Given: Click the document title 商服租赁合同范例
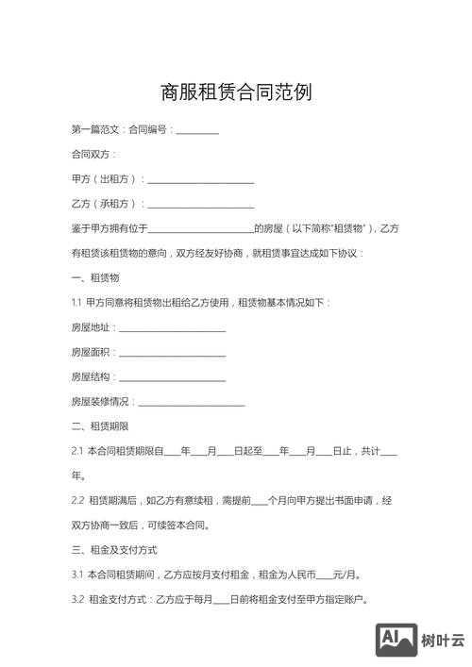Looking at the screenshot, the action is click(236, 92).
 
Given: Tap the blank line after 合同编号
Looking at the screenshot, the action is click(197, 130).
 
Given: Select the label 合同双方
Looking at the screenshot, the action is click(93, 154).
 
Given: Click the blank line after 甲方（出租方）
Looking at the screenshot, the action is click(201, 179).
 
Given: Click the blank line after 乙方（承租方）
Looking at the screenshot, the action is click(201, 204).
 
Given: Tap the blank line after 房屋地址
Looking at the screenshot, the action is click(172, 327).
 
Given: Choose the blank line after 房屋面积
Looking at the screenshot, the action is click(172, 352).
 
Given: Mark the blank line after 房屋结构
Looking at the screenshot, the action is click(172, 377).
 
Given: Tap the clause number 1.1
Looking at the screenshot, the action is click(76, 303).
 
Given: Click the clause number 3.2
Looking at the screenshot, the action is click(77, 599).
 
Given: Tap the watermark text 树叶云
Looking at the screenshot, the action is click(443, 641).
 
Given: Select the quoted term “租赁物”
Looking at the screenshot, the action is click(349, 228).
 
